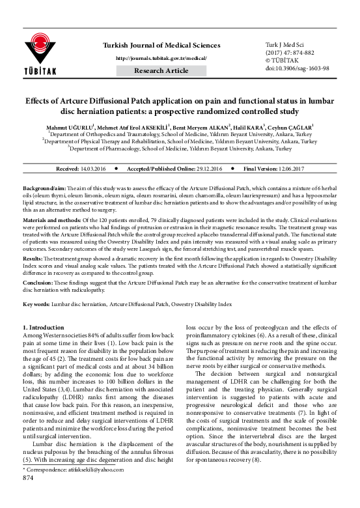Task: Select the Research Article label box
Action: pyautogui.click(x=161, y=70)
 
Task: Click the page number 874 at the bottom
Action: pyautogui.click(x=28, y=496)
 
